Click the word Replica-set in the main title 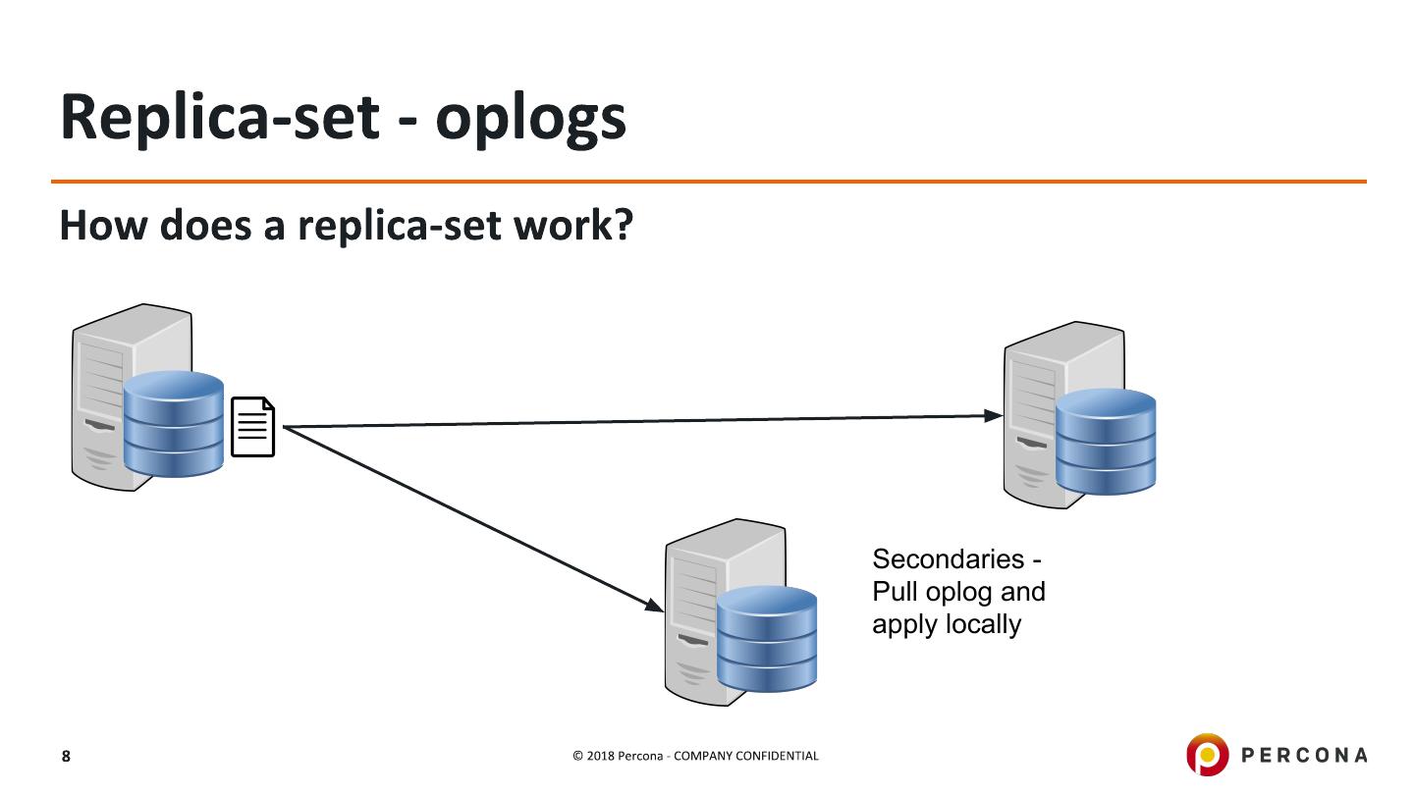click(x=219, y=118)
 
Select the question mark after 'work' click(x=622, y=226)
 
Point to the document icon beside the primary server click(x=252, y=427)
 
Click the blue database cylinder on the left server click(x=174, y=424)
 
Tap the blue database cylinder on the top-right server click(x=1106, y=442)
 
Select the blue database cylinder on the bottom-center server click(x=767, y=638)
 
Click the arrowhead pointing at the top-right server click(x=993, y=415)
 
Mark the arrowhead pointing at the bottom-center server click(x=655, y=607)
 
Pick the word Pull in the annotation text click(x=895, y=592)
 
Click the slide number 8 click(x=66, y=756)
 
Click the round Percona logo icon click(x=1207, y=754)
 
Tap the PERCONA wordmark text click(x=1304, y=755)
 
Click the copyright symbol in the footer click(x=578, y=756)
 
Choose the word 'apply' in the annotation click(x=903, y=625)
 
